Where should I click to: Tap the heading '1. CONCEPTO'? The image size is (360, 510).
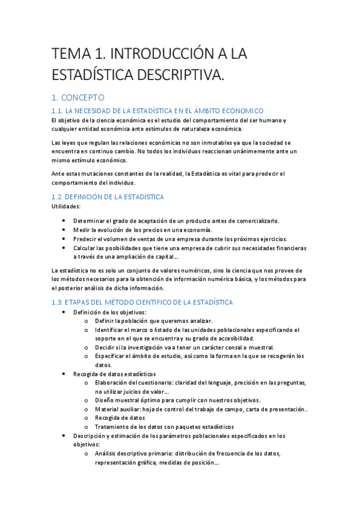[x=78, y=97]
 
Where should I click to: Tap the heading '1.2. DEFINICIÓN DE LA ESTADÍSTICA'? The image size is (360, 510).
[x=108, y=197]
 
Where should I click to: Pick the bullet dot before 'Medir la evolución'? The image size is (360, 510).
[x=64, y=230]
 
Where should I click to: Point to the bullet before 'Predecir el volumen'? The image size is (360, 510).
[x=64, y=239]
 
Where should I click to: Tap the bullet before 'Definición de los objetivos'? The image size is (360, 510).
[x=64, y=312]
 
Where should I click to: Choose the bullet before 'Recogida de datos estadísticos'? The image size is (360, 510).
[x=64, y=374]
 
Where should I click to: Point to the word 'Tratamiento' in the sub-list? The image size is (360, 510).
[x=112, y=426]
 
